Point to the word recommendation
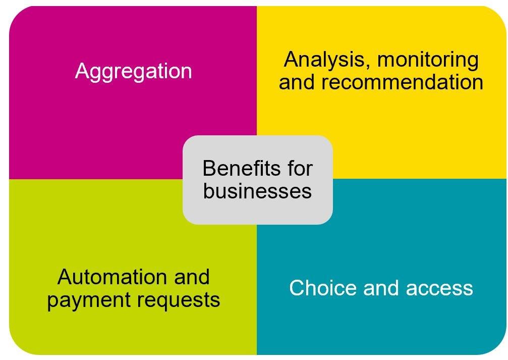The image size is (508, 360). [x=403, y=82]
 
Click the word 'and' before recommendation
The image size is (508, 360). [x=297, y=82]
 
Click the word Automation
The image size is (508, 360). [x=112, y=277]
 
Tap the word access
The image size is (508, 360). [x=439, y=288]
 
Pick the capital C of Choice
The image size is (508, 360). [x=297, y=288]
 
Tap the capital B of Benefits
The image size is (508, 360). [x=210, y=168]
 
